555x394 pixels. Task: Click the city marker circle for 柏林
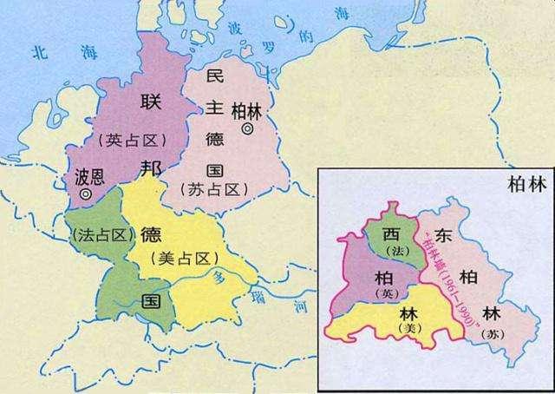pyautogui.click(x=247, y=128)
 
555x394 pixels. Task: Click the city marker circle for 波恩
pyautogui.click(x=85, y=195)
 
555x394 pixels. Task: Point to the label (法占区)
pyautogui.click(x=95, y=235)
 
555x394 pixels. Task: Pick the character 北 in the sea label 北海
pyautogui.click(x=37, y=53)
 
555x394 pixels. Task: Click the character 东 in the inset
pyautogui.click(x=444, y=234)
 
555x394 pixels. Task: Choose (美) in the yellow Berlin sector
pyautogui.click(x=405, y=331)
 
